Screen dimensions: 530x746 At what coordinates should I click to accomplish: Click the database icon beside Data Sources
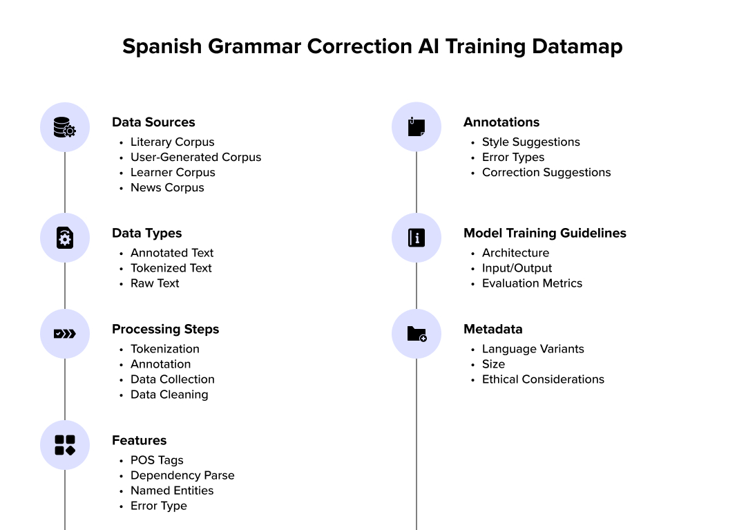[65, 127]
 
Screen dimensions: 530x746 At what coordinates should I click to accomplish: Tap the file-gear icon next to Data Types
[65, 238]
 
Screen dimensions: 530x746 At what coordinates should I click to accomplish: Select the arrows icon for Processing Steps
[65, 334]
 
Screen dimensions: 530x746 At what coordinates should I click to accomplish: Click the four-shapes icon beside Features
[65, 445]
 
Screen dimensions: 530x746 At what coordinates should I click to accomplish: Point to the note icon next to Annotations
[416, 127]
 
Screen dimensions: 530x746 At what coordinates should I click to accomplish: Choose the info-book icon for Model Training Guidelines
[416, 238]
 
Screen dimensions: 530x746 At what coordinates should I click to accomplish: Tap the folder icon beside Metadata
[416, 334]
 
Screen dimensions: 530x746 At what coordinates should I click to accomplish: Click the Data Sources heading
[153, 122]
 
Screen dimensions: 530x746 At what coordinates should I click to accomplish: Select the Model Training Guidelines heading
[544, 233]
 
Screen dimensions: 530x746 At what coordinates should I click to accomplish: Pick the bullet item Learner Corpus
[173, 172]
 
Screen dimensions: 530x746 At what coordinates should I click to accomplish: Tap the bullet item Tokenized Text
[171, 268]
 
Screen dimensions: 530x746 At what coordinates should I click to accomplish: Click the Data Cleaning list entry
[169, 395]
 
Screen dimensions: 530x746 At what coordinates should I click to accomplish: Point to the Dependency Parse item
[182, 475]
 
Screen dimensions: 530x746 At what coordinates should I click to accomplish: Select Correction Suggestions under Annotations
[546, 172]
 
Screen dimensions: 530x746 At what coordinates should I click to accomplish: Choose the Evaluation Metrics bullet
[532, 283]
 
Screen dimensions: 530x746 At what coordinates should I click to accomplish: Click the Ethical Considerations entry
[543, 379]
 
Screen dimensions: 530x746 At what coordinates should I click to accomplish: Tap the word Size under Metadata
[493, 364]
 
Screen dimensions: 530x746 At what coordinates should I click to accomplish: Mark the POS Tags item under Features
[157, 460]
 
